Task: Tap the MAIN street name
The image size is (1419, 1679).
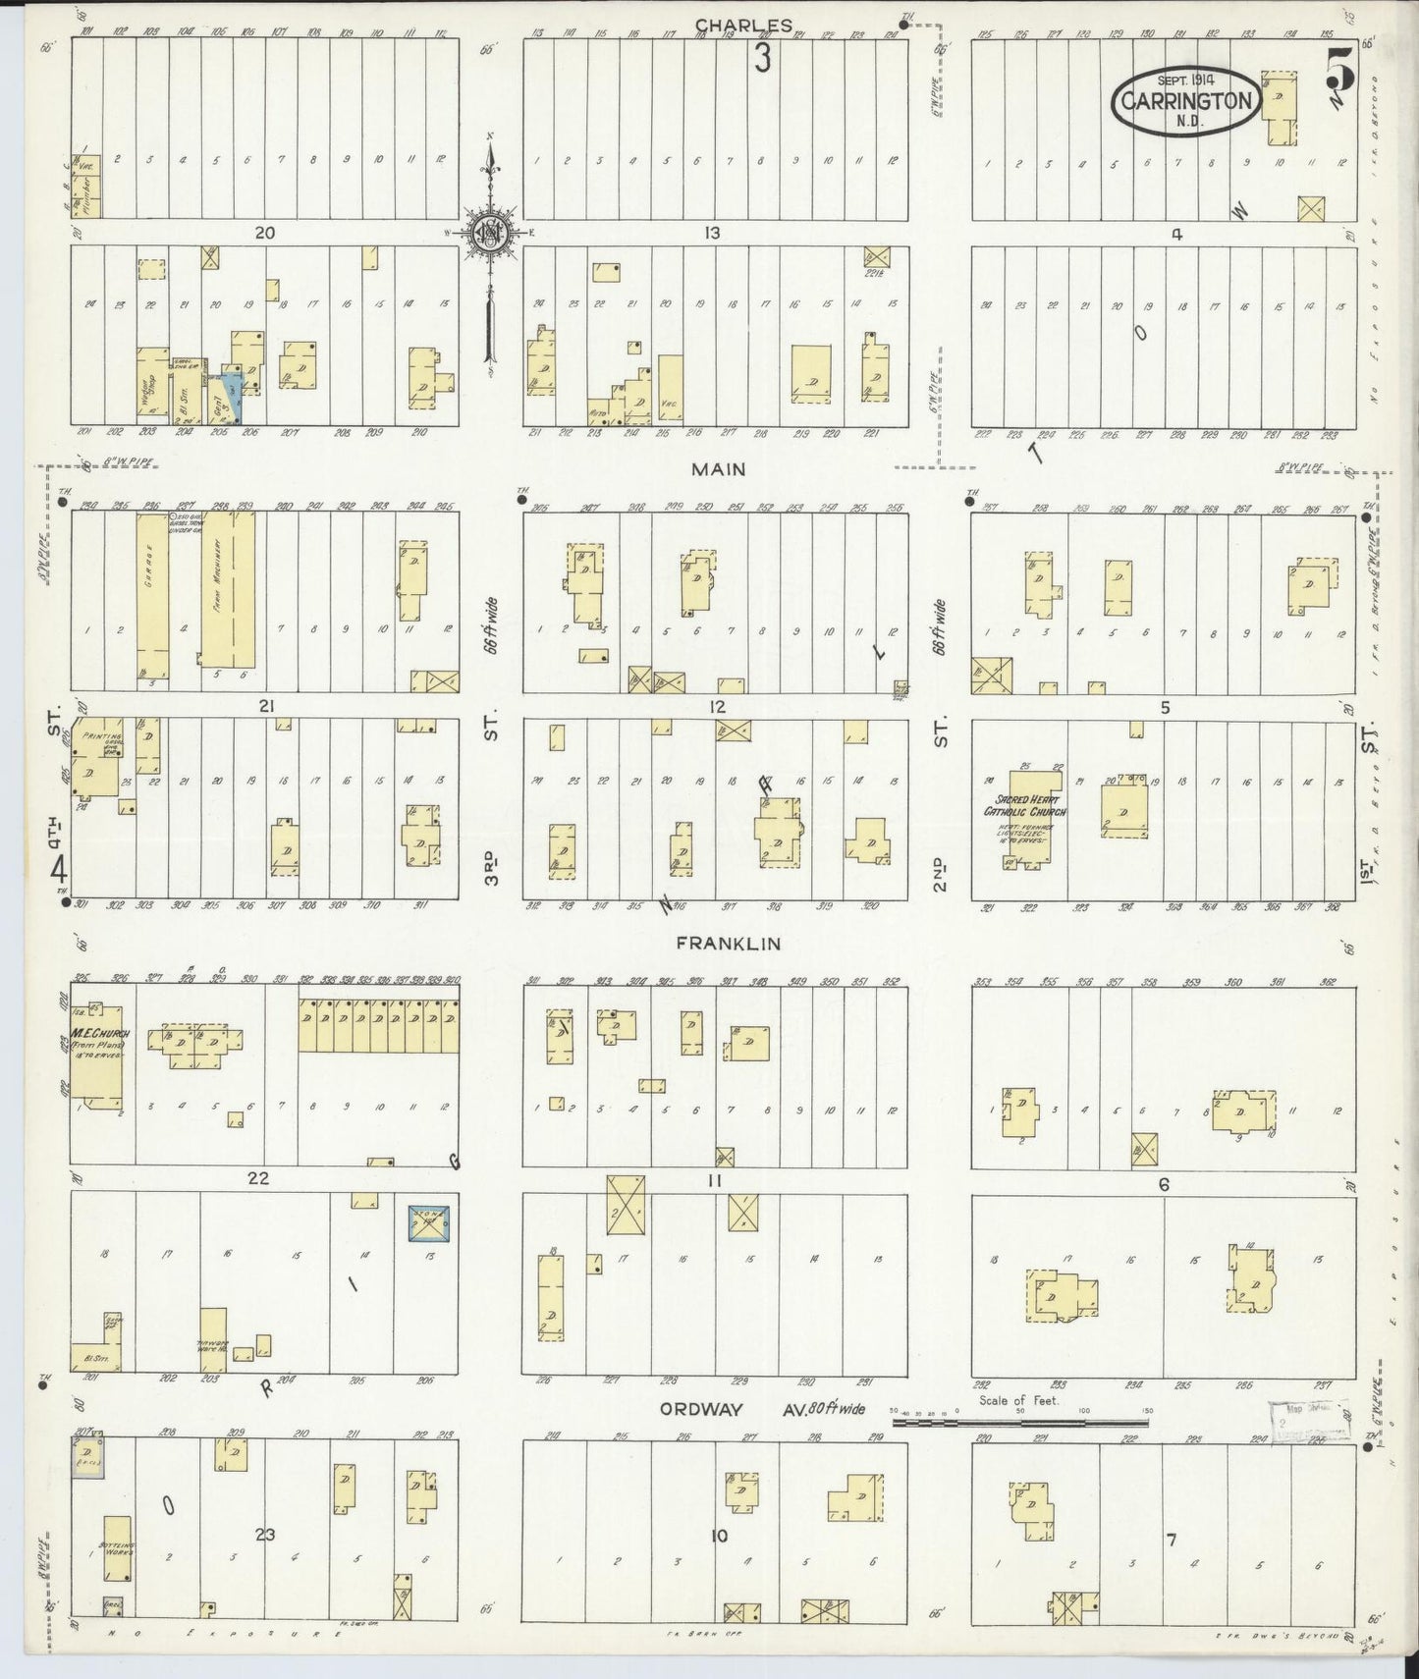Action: point(718,469)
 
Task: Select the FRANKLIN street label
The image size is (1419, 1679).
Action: point(728,943)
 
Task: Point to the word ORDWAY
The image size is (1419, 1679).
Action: point(700,1409)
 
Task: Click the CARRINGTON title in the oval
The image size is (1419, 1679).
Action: point(1185,101)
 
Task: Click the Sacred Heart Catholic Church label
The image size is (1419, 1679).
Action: point(1025,805)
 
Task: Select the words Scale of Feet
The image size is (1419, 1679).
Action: point(1019,1400)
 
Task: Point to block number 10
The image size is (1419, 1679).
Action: point(719,1536)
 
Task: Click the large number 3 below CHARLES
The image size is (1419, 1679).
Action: point(762,59)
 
